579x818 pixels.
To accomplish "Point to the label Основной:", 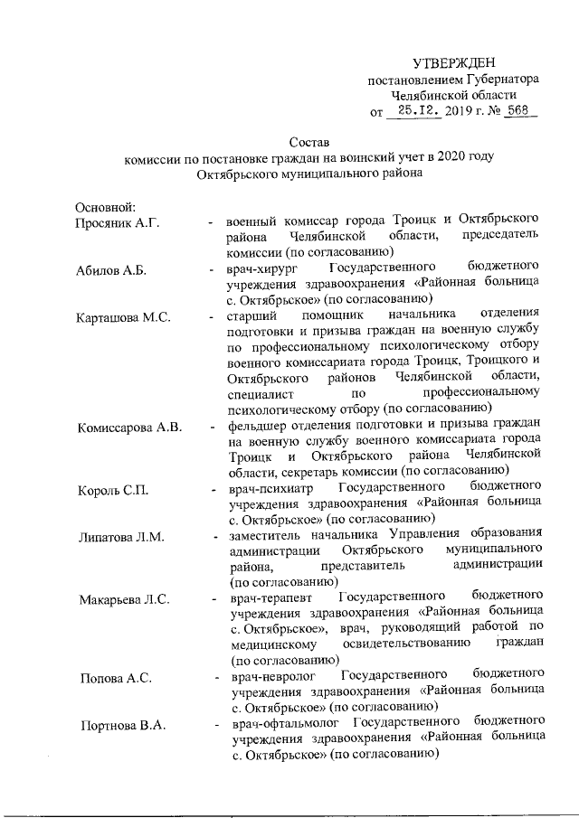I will [x=106, y=206].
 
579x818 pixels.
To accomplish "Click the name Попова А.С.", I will [x=115, y=677].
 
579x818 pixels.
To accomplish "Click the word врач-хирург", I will [x=264, y=269].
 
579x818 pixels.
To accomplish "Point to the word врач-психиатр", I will [x=271, y=489].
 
